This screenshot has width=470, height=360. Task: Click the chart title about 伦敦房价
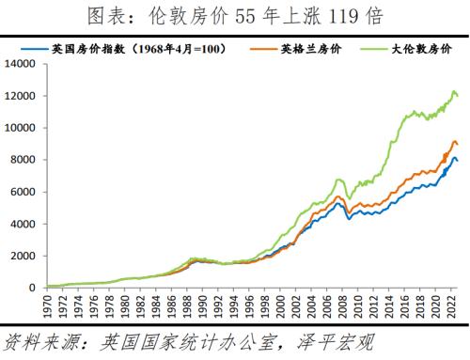click(235, 15)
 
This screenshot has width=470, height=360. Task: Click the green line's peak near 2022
click(454, 91)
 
